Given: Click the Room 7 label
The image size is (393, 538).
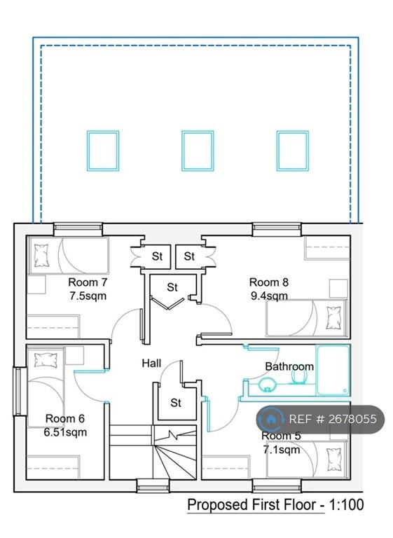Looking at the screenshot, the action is click(88, 282).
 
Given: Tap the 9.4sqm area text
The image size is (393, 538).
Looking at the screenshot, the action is click(269, 296).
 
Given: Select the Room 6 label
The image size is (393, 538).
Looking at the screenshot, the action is click(65, 419).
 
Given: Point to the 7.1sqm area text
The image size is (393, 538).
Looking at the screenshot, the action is click(282, 450).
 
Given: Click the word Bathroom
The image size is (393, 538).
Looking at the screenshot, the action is click(289, 366).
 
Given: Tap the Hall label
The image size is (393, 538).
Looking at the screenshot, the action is click(151, 363).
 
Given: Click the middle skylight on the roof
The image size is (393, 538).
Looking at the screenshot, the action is click(198, 151).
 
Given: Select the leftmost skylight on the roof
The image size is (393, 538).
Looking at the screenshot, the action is click(103, 151).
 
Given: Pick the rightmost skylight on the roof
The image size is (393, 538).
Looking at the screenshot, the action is click(293, 151).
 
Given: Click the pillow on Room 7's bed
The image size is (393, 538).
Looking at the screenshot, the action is click(41, 256).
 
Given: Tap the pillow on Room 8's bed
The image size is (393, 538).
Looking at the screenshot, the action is click(333, 318).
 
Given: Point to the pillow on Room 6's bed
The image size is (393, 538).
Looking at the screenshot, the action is click(46, 359).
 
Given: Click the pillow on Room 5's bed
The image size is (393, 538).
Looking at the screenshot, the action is click(333, 460).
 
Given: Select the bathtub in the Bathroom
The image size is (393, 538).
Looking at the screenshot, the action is click(333, 370).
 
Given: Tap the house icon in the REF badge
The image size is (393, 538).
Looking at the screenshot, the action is click(272, 419).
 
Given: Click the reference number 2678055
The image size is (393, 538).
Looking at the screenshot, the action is click(353, 419).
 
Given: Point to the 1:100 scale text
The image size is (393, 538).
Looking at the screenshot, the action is click(346, 504).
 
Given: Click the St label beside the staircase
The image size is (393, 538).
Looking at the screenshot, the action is click(176, 403).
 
